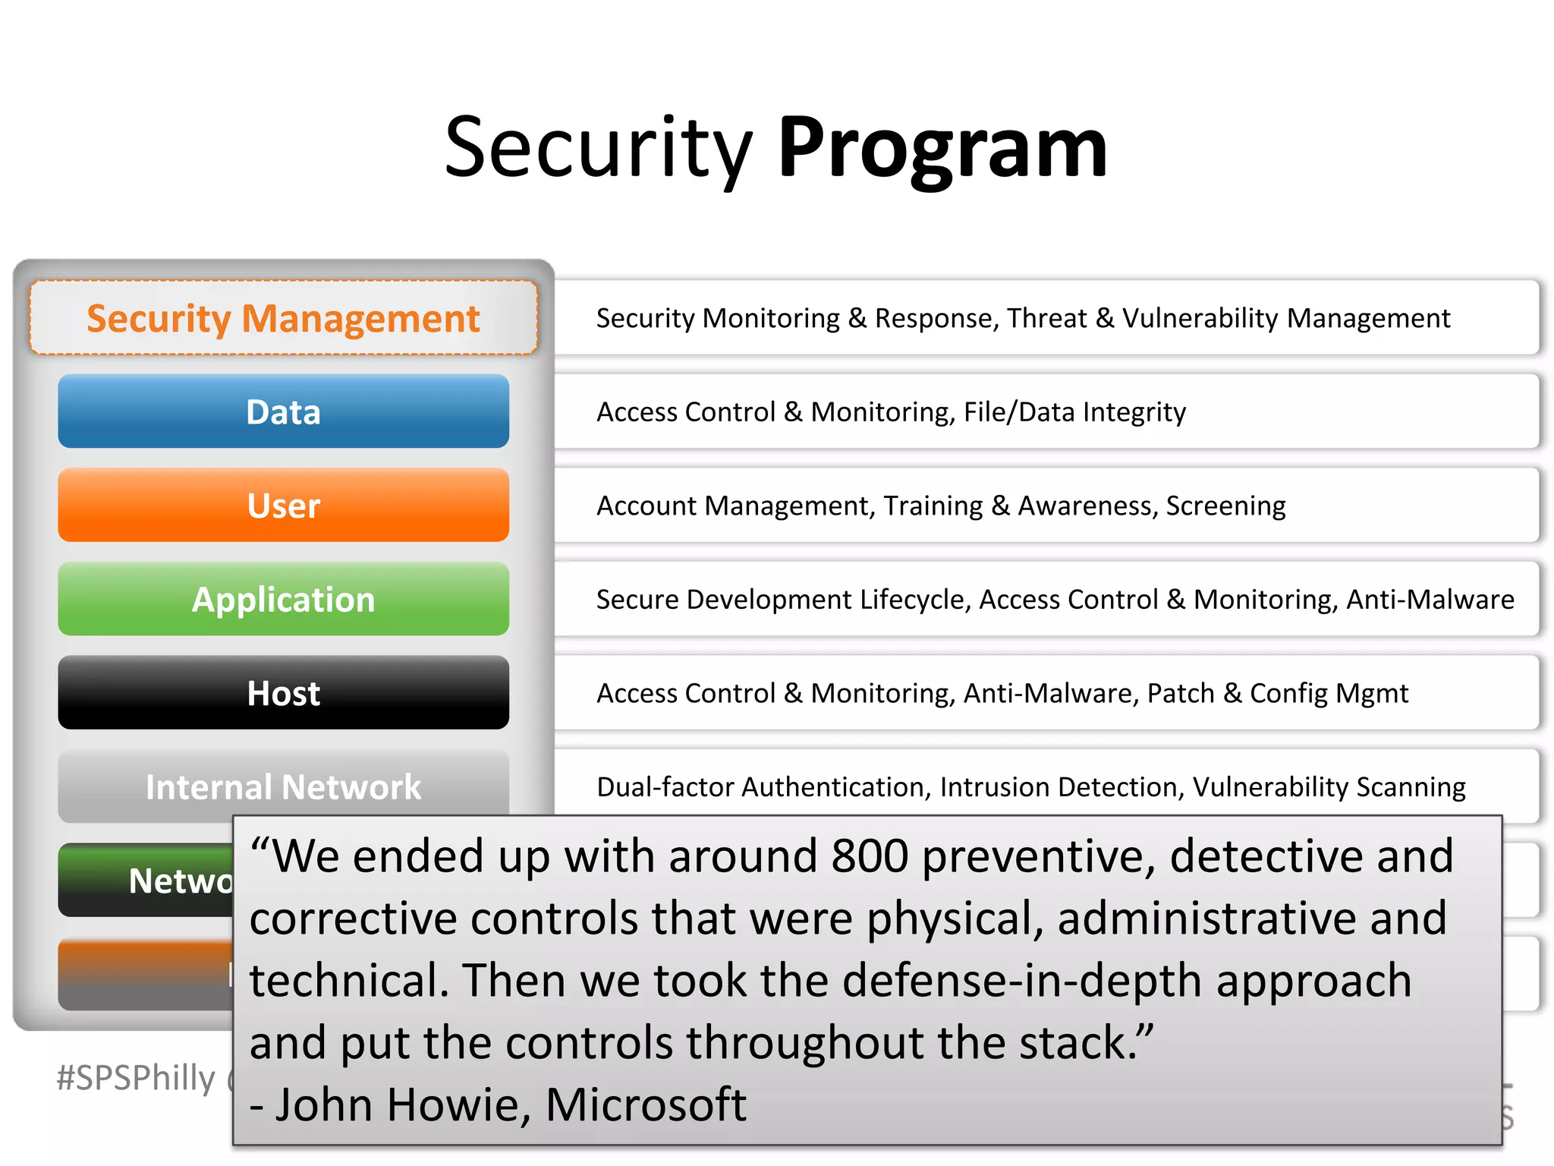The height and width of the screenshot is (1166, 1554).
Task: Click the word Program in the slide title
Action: pos(942,148)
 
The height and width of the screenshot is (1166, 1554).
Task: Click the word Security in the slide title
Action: pos(598,148)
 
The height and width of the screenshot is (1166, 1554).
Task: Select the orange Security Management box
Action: pos(283,318)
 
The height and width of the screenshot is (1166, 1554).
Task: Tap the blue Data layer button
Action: pos(283,411)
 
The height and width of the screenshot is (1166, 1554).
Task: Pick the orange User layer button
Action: pos(283,506)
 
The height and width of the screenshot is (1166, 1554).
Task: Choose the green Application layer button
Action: pos(283,600)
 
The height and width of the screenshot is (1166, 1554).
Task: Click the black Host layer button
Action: pos(283,693)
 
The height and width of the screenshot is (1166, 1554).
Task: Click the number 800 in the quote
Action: pos(870,856)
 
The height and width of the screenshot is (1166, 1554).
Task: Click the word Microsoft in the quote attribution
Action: pos(646,1105)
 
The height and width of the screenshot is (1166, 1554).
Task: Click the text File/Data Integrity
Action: pos(1074,412)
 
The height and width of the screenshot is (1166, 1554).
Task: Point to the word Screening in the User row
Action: pos(1225,506)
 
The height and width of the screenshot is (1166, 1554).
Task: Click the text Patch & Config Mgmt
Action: pos(1277,693)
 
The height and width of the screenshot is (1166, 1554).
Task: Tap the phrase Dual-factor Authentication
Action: pos(763,787)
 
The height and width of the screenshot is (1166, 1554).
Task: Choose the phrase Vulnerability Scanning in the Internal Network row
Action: pos(1329,787)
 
